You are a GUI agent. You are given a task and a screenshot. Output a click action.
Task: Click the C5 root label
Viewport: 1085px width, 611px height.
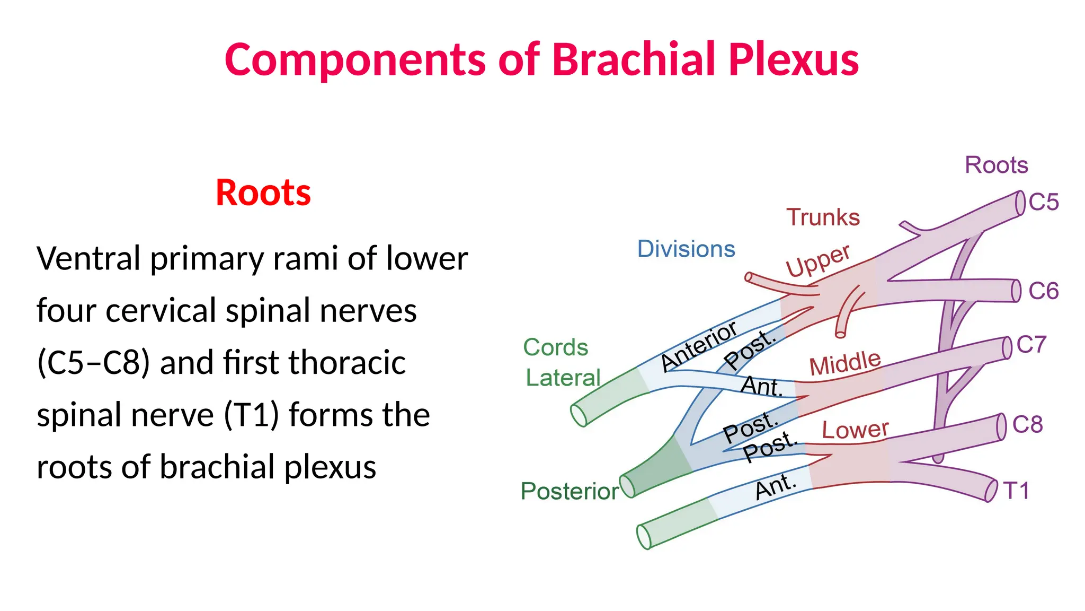(1043, 202)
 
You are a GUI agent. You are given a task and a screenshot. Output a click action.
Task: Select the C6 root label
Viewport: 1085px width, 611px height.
(1043, 291)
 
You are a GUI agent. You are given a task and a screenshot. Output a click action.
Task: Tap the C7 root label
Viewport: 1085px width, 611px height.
(1031, 345)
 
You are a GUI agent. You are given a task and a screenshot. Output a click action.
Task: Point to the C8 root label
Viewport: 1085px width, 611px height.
(1027, 424)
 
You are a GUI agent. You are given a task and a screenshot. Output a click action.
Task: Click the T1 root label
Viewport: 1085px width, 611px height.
(1016, 491)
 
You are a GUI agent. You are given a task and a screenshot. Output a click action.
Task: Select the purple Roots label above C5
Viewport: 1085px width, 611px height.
(997, 165)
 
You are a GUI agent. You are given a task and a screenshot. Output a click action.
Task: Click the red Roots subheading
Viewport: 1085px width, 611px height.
(263, 192)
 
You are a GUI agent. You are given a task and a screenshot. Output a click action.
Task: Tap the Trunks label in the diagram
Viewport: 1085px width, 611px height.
(823, 217)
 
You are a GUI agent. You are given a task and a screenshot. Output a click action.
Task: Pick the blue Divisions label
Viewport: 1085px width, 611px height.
(686, 249)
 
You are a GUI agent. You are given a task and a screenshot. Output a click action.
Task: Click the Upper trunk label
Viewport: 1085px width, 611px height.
(818, 261)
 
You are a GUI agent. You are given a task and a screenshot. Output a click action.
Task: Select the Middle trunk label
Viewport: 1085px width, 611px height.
(845, 363)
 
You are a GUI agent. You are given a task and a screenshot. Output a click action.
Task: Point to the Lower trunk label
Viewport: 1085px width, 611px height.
(855, 429)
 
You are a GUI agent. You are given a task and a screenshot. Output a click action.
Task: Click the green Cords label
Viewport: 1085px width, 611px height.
(556, 347)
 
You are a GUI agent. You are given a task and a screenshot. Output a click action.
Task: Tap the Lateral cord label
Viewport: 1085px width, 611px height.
(563, 378)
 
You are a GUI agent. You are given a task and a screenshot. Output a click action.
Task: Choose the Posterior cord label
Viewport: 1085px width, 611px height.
(570, 491)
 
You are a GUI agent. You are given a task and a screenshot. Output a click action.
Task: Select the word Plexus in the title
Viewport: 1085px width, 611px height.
(794, 59)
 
